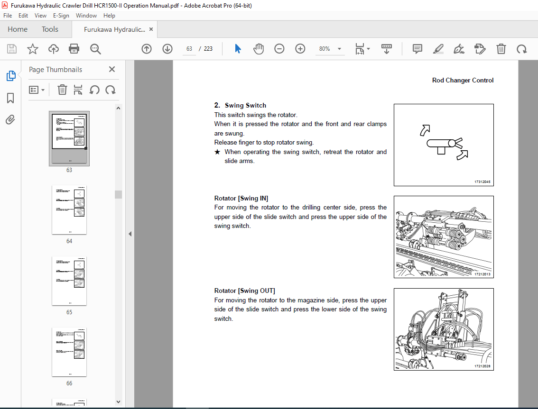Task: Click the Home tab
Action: [18, 29]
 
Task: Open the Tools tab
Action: [50, 29]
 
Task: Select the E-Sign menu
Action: [61, 16]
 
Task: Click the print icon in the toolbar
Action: [74, 49]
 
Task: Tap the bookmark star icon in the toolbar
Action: [32, 49]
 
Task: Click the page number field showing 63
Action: [189, 49]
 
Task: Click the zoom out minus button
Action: [279, 49]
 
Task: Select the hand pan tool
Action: [259, 49]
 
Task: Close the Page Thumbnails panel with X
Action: [112, 69]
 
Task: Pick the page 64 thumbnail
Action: [69, 209]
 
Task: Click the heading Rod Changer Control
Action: [463, 81]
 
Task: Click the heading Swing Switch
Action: [245, 106]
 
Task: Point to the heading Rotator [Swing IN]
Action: [244, 198]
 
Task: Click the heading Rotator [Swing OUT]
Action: [244, 291]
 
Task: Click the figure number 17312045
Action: [482, 182]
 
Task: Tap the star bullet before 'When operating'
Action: [217, 152]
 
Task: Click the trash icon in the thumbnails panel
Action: [62, 90]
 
